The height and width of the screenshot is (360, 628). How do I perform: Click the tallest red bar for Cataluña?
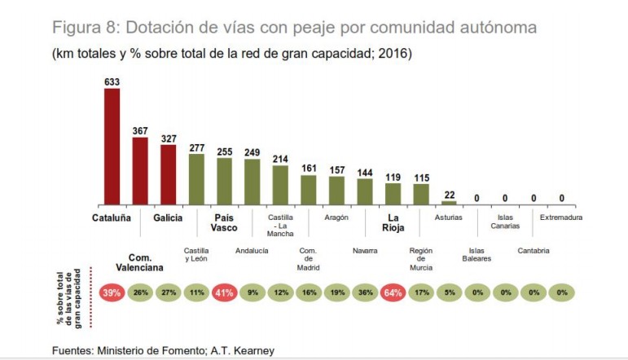pyautogui.click(x=112, y=147)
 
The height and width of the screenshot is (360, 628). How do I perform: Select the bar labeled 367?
pyautogui.click(x=140, y=171)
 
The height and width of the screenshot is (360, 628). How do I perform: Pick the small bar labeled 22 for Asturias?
pyautogui.click(x=449, y=203)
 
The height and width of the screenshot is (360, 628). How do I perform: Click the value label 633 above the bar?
pyautogui.click(x=112, y=81)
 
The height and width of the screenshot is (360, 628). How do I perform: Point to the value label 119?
pyautogui.click(x=393, y=177)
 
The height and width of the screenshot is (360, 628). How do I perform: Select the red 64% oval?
pyautogui.click(x=393, y=292)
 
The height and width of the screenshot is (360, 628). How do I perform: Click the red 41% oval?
pyautogui.click(x=224, y=292)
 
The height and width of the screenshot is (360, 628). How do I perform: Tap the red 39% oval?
pyautogui.click(x=112, y=292)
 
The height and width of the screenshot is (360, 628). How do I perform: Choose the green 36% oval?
pyautogui.click(x=365, y=292)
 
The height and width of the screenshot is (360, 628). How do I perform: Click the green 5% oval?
pyautogui.click(x=449, y=292)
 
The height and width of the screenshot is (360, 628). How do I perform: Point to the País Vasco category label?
pyautogui.click(x=224, y=223)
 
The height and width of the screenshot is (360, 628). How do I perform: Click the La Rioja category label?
pyautogui.click(x=393, y=223)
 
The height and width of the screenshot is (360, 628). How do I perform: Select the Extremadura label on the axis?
pyautogui.click(x=562, y=218)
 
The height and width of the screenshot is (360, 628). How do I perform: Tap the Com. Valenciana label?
pyautogui.click(x=140, y=261)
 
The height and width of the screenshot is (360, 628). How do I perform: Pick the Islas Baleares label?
pyautogui.click(x=476, y=255)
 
